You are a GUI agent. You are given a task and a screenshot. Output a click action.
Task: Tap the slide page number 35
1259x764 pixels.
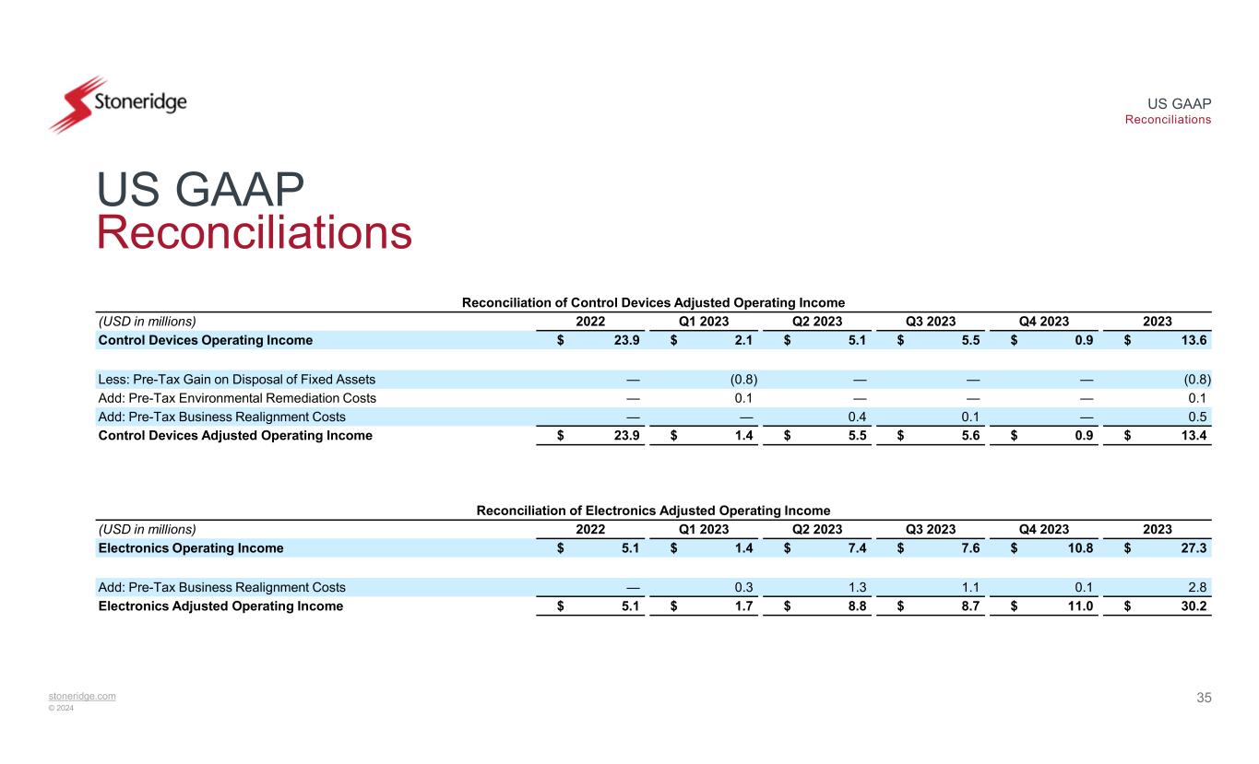1204,698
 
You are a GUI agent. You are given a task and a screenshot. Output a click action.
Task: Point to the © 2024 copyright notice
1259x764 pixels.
62,708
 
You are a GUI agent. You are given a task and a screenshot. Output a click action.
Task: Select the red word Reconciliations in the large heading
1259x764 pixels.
254,232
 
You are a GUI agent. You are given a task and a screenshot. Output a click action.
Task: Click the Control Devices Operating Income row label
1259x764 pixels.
205,340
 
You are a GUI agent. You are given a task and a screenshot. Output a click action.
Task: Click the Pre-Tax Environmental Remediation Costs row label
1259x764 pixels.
237,398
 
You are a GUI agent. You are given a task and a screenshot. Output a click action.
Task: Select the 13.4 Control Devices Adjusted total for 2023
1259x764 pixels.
1195,436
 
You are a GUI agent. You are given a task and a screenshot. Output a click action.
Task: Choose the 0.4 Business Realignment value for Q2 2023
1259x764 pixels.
857,417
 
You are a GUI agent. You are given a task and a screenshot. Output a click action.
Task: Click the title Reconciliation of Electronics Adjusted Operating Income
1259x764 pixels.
653,511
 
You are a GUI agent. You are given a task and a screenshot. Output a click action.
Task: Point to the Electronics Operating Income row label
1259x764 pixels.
191,548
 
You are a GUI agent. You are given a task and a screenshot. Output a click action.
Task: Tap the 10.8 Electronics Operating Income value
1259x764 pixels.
1079,548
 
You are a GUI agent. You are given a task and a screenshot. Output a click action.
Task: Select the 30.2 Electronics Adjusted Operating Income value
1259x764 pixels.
1195,606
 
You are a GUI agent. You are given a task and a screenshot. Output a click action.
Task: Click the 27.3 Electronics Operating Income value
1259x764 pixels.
1195,548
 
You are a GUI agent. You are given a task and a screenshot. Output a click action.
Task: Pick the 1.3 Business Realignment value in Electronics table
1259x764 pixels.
857,587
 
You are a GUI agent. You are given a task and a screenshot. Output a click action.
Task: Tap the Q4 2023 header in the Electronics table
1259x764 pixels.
1043,529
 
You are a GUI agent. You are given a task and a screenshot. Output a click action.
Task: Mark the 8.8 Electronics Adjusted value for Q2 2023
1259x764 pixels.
857,606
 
